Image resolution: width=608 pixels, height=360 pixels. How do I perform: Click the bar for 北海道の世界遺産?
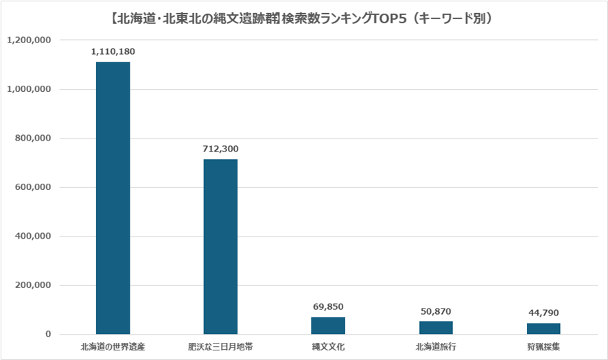113,198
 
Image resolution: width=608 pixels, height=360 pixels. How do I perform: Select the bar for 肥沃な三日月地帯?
220,247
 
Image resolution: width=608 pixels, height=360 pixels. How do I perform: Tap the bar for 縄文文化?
328,326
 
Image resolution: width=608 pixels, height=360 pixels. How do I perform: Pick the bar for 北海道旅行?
436,328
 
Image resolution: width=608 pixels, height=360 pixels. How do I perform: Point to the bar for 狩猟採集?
543,328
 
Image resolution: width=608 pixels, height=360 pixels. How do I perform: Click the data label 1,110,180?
113,51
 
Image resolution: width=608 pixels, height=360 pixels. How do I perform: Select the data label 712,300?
221,149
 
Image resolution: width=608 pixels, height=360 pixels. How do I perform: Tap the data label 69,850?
328,307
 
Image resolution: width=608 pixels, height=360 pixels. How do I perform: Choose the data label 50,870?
436,311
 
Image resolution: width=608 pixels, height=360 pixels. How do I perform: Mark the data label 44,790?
543,313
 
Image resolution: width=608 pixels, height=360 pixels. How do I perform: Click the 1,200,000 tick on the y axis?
29,40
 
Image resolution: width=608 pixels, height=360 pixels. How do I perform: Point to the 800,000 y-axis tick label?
33,139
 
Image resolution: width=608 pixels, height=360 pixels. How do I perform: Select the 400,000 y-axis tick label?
33,237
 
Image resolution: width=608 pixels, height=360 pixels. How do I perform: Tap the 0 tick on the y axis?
49,335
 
